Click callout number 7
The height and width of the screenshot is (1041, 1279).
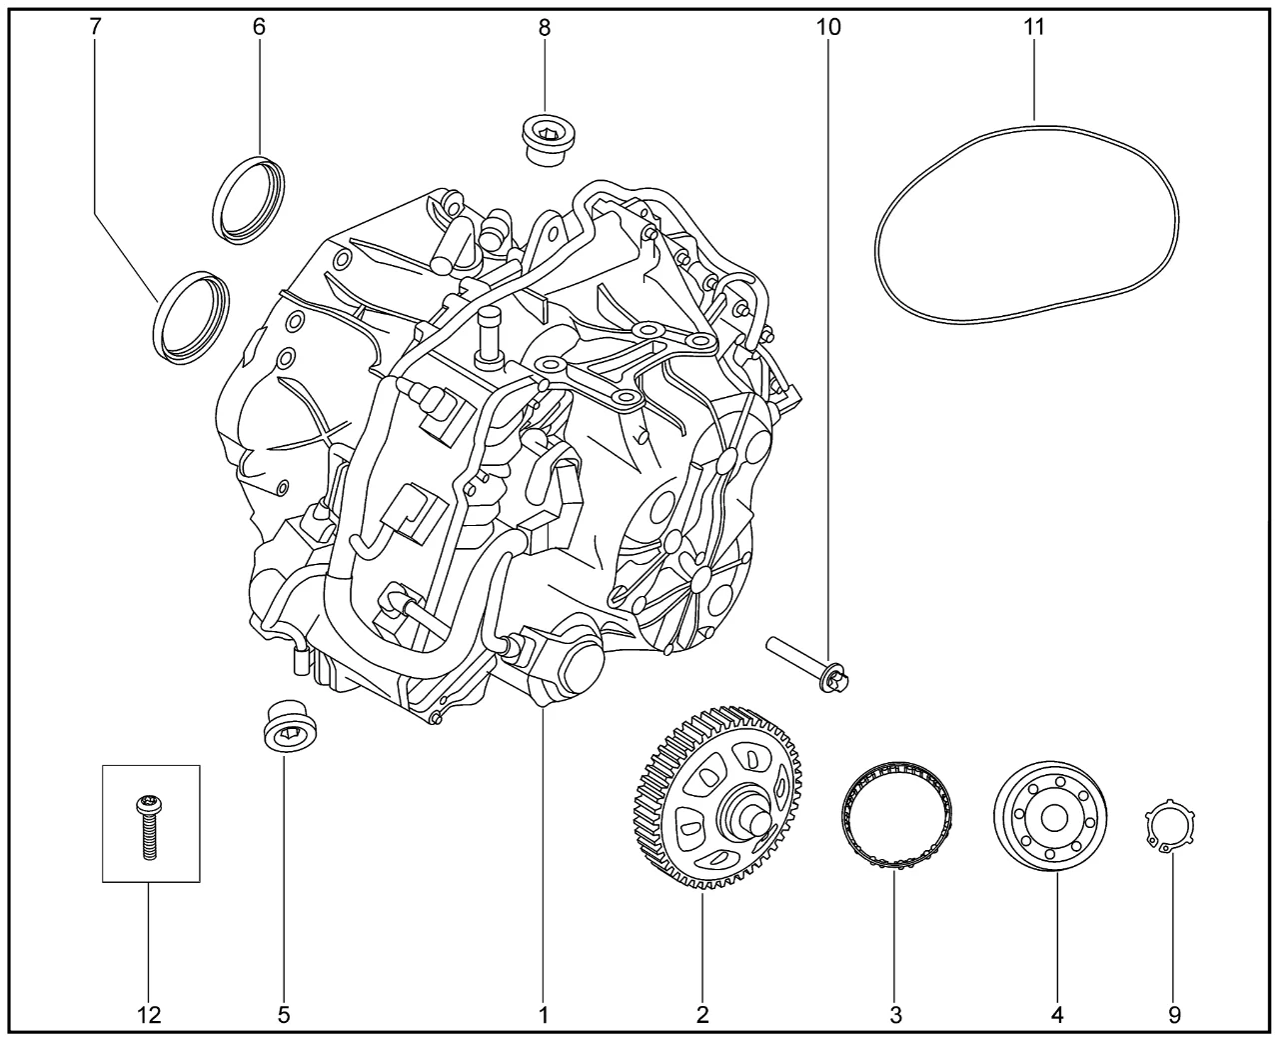point(95,27)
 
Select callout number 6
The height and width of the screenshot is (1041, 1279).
point(259,27)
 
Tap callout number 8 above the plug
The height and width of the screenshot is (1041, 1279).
point(544,28)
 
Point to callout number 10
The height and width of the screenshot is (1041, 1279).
point(828,27)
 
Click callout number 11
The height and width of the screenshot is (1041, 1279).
point(1034,27)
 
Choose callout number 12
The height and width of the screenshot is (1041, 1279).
point(150,1015)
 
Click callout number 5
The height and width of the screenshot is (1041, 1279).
point(284,1015)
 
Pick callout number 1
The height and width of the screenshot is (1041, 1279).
point(544,1015)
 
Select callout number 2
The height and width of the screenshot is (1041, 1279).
point(702,1015)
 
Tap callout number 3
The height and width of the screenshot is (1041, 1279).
point(895,1015)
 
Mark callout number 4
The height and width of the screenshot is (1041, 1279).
point(1057,1015)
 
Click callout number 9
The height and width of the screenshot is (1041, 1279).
point(1174,1015)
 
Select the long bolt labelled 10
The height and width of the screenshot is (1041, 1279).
point(809,666)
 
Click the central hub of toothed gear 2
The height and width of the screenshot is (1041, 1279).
point(747,814)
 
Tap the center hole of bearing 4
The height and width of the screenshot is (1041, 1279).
point(1052,817)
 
